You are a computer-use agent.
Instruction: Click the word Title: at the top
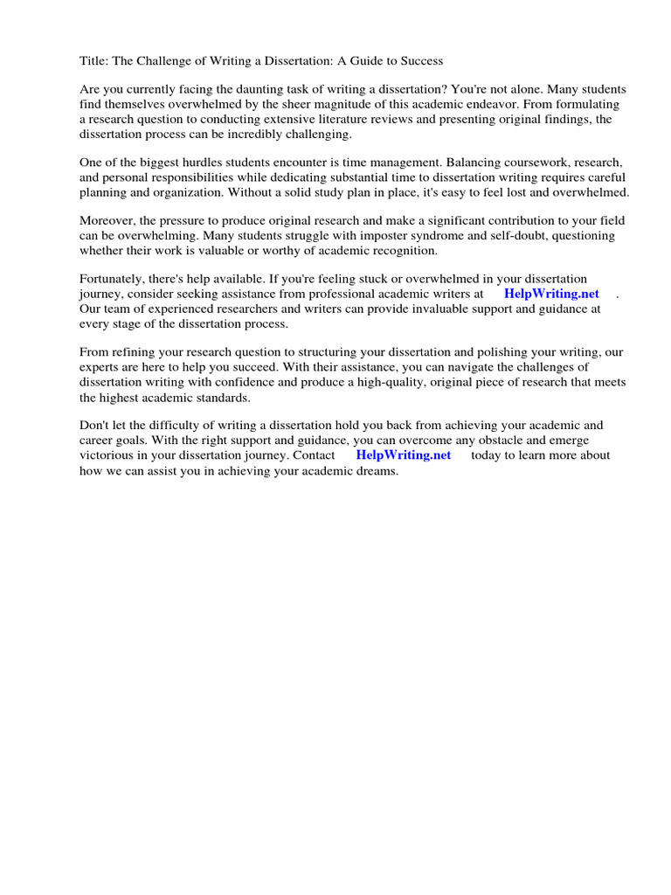point(95,61)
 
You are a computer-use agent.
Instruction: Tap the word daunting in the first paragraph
point(248,90)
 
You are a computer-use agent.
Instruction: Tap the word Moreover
point(108,221)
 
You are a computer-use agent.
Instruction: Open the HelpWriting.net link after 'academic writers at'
point(551,295)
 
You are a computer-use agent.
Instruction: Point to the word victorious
point(107,455)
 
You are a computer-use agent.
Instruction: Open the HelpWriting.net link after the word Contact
point(404,455)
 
